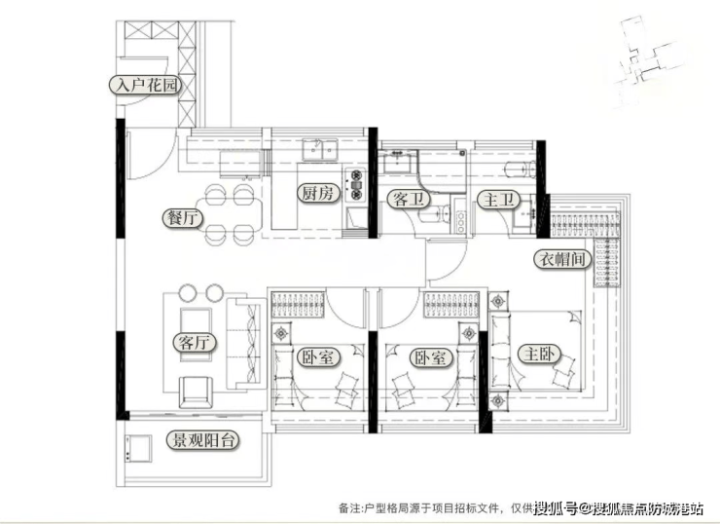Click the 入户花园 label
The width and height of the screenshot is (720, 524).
click(145, 86)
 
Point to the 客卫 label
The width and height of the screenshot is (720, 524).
click(406, 201)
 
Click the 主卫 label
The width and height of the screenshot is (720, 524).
click(496, 201)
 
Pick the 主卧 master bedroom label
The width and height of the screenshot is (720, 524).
click(535, 354)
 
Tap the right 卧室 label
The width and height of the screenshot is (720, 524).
click(429, 357)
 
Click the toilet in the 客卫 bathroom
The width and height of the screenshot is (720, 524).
click(450, 213)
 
